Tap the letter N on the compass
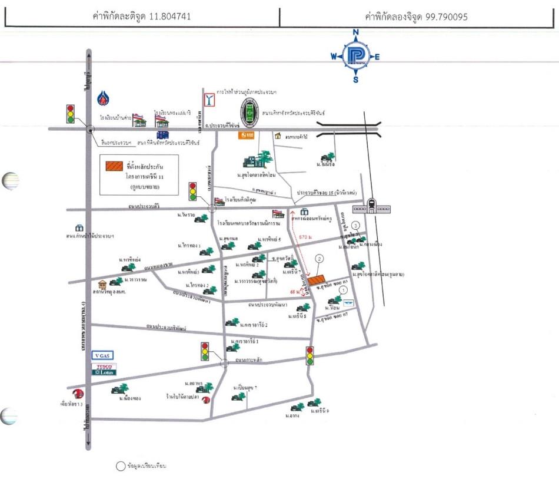[x=355, y=33]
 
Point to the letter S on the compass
[x=355, y=80]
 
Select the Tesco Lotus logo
[x=104, y=369]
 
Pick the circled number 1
[x=344, y=289]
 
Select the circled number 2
[x=319, y=258]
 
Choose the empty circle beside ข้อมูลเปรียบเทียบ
[x=121, y=466]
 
